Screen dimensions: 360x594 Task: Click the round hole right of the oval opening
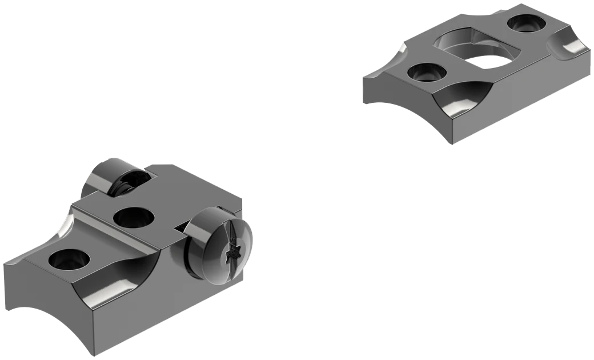click(x=523, y=23)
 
